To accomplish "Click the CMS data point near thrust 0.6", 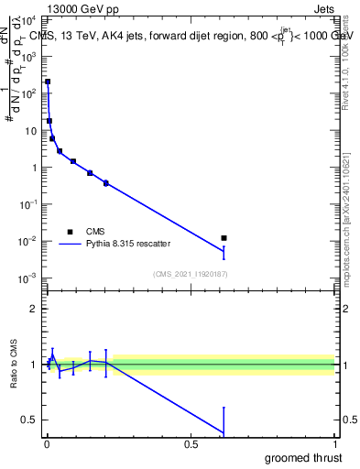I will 224,238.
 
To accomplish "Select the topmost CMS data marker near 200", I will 48,82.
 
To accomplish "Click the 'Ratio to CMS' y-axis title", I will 13,364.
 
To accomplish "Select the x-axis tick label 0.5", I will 191,443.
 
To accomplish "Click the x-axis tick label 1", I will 335,443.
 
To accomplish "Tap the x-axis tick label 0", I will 46,443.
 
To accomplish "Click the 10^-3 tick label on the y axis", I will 29,278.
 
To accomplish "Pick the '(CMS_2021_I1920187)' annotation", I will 190,273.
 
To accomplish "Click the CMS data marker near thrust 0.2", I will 106,183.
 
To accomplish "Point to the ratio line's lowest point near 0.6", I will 224,432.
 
